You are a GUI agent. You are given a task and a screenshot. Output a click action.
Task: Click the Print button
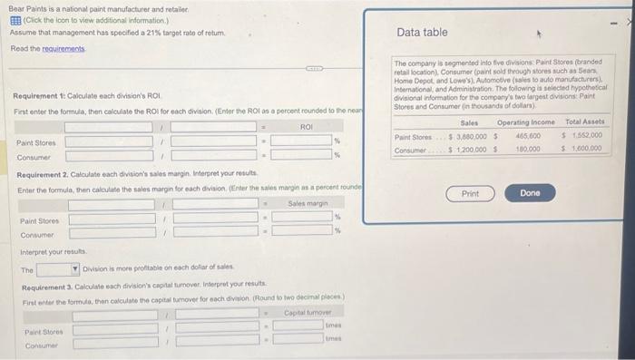pyautogui.click(x=470, y=194)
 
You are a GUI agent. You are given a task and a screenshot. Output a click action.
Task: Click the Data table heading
pyautogui.click(x=423, y=33)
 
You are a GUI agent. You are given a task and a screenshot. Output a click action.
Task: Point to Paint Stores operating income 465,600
pyautogui.click(x=527, y=136)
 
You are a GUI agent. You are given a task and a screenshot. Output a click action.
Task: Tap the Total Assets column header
pyautogui.click(x=585, y=122)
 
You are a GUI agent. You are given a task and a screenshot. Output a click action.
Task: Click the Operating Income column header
pyautogui.click(x=526, y=122)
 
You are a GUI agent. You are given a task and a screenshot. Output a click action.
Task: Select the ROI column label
pyautogui.click(x=304, y=125)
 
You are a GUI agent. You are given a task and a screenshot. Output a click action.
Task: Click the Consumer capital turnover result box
pyautogui.click(x=297, y=342)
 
